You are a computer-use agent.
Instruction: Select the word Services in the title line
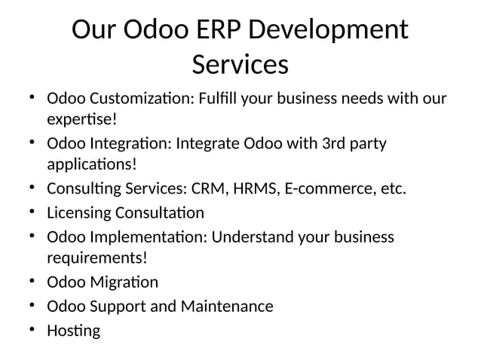[x=240, y=66]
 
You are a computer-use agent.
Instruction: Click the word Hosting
[x=73, y=331]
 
